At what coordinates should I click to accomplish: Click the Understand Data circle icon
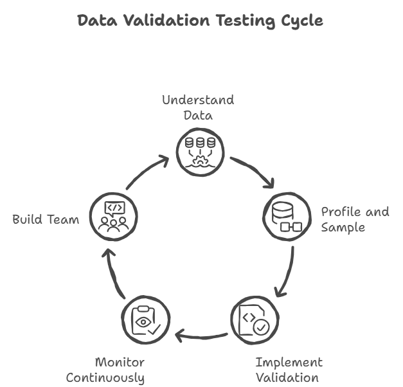point(201,149)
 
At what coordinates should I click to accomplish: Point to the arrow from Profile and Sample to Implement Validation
point(287,273)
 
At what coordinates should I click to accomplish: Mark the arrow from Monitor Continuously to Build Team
point(116,273)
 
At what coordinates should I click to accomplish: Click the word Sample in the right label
point(343,228)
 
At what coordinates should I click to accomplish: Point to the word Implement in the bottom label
point(289,362)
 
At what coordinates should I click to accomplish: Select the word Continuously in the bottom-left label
point(105,378)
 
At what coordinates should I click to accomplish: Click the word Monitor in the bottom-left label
point(120,362)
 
